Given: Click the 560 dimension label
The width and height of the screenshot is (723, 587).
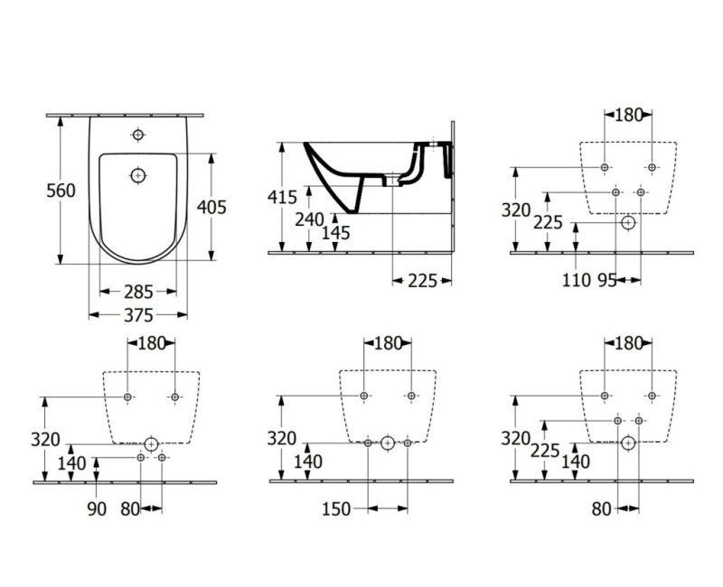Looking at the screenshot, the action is [61, 191].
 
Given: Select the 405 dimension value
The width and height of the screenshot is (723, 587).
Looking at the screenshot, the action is [211, 208].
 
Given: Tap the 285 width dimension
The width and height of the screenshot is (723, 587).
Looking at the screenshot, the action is [138, 292].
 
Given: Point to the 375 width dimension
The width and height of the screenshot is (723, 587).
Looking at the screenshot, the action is [138, 315].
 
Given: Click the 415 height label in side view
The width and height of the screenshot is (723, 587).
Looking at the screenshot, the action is [282, 197].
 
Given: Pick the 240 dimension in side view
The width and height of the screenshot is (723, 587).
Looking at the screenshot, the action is [309, 219].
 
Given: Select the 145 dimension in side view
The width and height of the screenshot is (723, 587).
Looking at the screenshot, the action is [335, 233].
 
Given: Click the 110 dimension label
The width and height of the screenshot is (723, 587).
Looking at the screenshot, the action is [577, 280].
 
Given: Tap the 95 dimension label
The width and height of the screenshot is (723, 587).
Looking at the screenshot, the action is [607, 280].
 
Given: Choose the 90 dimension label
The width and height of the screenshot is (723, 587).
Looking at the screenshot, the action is [97, 508].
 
